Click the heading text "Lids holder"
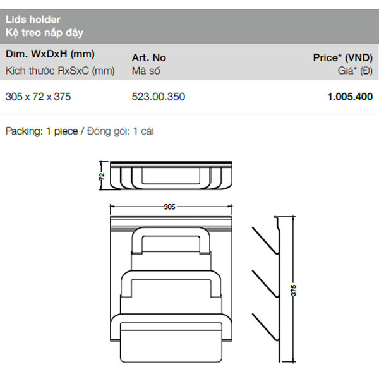click(33, 20)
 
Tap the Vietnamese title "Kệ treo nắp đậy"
click(44, 33)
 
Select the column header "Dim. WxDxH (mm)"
click(50, 54)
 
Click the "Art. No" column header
click(149, 57)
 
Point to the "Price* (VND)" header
click(343, 57)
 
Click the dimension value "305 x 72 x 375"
click(38, 97)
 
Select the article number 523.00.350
click(159, 97)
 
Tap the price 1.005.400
click(350, 97)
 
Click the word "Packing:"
click(24, 131)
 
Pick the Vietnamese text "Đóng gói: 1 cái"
click(121, 131)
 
